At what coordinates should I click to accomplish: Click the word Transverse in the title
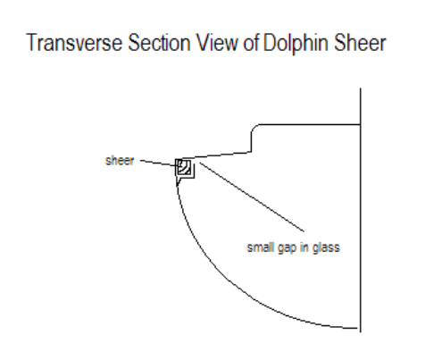click(x=74, y=43)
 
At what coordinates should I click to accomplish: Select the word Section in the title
click(x=159, y=43)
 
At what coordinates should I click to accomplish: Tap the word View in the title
click(x=217, y=43)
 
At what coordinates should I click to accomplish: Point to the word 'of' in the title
click(x=252, y=43)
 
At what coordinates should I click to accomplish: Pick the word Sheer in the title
click(x=360, y=43)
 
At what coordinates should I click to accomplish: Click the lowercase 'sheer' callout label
click(x=120, y=161)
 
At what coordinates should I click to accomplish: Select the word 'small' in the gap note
click(x=260, y=247)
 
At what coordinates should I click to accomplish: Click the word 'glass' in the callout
click(x=326, y=247)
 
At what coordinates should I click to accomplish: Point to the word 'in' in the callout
click(x=304, y=247)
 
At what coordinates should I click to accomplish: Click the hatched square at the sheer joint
click(x=184, y=167)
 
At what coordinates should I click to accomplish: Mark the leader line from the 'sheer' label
click(x=158, y=163)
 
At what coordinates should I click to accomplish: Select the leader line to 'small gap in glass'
click(x=252, y=197)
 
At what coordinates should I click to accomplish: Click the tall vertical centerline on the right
click(x=361, y=210)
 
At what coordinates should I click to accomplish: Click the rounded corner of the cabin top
click(x=254, y=128)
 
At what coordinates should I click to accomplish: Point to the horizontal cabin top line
click(x=310, y=124)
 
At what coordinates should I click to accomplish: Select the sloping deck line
click(x=217, y=155)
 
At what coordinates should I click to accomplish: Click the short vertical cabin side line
click(x=252, y=142)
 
